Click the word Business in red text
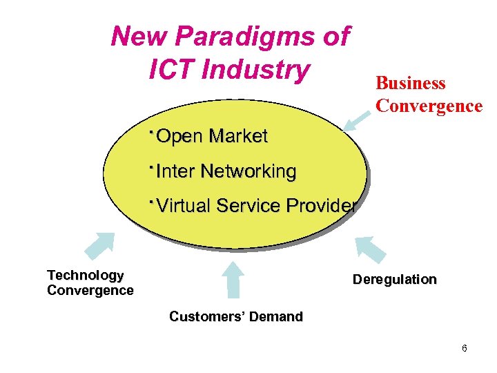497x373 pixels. [x=411, y=84]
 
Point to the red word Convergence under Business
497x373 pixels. [x=429, y=106]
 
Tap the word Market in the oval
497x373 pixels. [x=237, y=136]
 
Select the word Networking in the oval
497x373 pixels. [x=248, y=171]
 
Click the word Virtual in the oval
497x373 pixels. [x=184, y=205]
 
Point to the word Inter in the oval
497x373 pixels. [x=176, y=171]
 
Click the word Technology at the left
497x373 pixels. [x=86, y=276]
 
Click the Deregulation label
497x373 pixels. [x=394, y=280]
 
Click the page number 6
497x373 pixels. [x=465, y=348]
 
